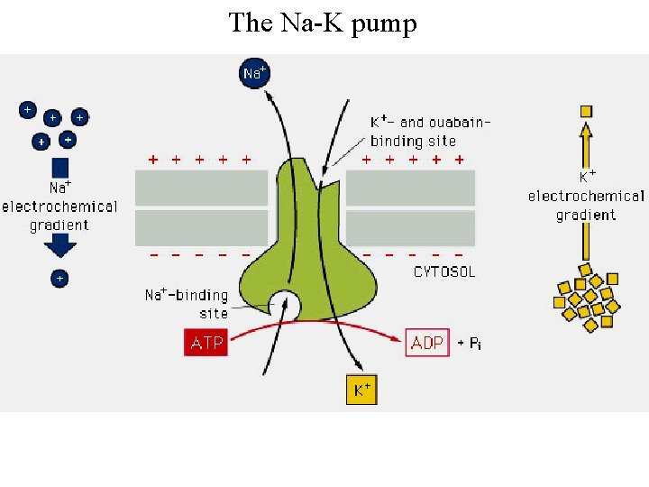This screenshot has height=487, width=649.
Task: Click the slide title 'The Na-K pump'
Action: click(x=323, y=23)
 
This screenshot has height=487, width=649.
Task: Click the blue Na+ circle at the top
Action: click(x=255, y=73)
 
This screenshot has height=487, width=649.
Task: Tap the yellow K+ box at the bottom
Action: click(x=361, y=390)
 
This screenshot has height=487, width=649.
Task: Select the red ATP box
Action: click(x=206, y=343)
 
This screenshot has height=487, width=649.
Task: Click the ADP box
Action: click(x=427, y=343)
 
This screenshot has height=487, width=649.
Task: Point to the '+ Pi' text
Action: click(x=469, y=344)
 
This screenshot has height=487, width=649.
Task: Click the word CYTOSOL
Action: click(x=444, y=271)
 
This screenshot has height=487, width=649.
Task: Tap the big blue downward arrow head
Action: click(x=60, y=246)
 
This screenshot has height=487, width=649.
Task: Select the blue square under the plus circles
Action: click(x=60, y=167)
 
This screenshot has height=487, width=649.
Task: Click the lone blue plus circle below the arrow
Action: click(x=59, y=279)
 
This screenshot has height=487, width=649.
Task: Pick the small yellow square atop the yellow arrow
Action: click(x=586, y=111)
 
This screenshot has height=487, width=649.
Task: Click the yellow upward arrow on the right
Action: click(x=586, y=144)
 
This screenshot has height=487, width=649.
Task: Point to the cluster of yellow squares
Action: click(x=589, y=297)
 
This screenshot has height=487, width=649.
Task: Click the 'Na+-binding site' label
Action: click(x=187, y=304)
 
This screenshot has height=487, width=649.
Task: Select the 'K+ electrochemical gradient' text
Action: click(x=586, y=197)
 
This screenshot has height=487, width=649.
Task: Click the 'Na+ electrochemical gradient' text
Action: click(x=59, y=207)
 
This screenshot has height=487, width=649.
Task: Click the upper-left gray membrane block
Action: click(x=201, y=188)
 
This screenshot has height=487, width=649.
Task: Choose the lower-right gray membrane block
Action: click(x=410, y=227)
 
